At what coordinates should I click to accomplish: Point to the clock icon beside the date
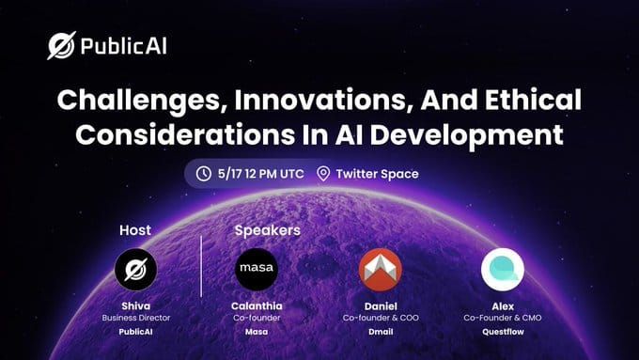click(203, 173)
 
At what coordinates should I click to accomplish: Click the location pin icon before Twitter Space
click(324, 173)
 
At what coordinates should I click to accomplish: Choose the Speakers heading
click(267, 229)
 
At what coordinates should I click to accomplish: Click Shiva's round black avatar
click(134, 269)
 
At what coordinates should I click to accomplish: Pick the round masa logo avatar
click(256, 269)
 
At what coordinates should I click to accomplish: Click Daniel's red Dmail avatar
click(381, 269)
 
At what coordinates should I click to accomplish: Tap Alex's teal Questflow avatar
click(502, 269)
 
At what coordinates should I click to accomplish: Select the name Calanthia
click(256, 305)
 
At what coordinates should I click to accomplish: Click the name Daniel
click(381, 305)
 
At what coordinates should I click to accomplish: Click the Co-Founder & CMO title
click(502, 319)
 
